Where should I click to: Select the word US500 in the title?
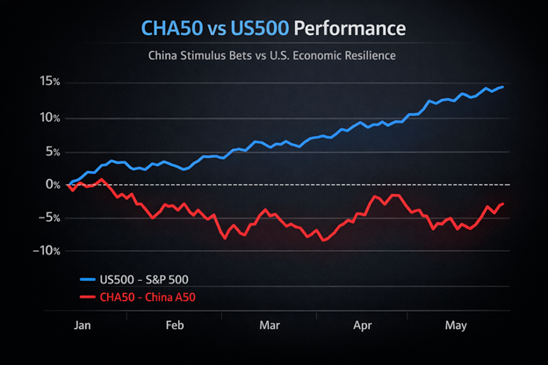click(256, 29)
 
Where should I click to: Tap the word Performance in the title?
click(350, 29)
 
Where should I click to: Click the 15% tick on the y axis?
click(49, 82)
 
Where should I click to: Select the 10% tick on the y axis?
click(49, 118)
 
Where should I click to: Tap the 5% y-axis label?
click(52, 152)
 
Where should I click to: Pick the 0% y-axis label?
click(52, 185)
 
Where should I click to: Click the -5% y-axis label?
click(49, 218)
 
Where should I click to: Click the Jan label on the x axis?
click(82, 326)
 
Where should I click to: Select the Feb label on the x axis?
click(175, 326)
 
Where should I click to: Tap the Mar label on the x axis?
click(269, 326)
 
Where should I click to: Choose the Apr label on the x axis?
click(362, 326)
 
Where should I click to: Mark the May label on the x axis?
click(455, 326)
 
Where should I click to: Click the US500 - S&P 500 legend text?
click(144, 279)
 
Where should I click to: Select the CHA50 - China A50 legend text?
click(148, 297)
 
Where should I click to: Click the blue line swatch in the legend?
click(86, 279)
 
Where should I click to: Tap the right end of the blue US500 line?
click(502, 87)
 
